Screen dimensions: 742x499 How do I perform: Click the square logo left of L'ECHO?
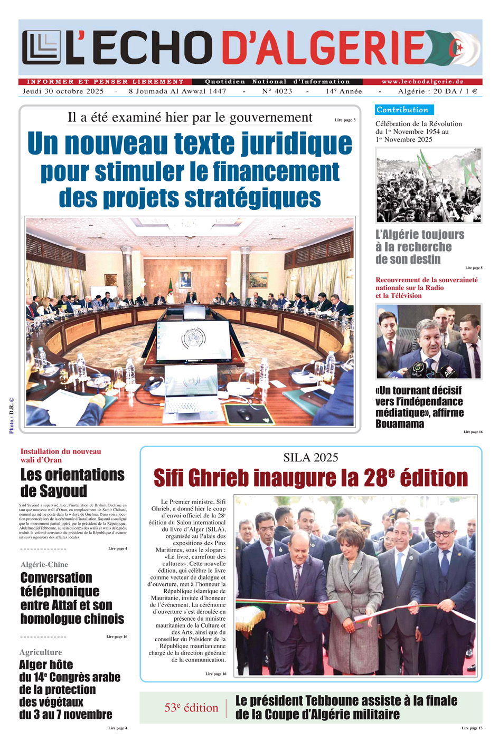point(41,47)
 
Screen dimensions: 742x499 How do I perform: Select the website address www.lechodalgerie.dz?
point(422,82)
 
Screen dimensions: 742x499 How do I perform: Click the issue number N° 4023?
point(277,91)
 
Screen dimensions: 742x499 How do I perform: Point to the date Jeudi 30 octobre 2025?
point(63,91)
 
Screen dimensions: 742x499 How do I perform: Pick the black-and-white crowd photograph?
point(428,185)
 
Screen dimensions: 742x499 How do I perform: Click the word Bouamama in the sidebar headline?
point(400,424)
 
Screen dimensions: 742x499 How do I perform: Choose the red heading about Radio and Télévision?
point(426,288)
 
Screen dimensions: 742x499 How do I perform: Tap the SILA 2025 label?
point(310,458)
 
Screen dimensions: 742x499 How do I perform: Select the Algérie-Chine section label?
point(44,564)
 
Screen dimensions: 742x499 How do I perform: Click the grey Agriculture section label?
point(41,652)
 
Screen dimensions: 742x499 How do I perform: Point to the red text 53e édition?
point(191,708)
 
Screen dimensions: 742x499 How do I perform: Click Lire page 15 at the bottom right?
point(472,728)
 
